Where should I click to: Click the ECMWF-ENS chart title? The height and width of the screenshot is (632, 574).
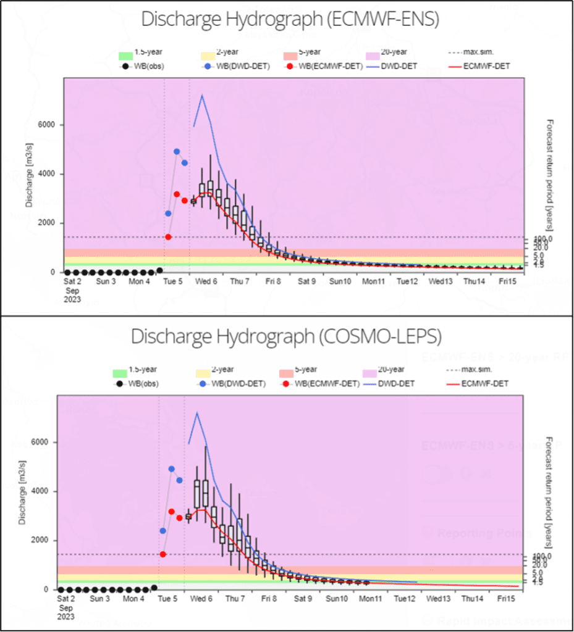[290, 19]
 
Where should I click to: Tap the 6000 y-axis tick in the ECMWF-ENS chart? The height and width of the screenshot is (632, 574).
[48, 125]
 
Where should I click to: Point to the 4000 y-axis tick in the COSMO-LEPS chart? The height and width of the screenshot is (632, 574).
[43, 491]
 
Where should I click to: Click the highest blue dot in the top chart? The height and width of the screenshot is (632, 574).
[177, 151]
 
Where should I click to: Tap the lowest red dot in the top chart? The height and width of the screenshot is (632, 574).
[168, 237]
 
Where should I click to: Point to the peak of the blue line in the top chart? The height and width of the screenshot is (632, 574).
[201, 95]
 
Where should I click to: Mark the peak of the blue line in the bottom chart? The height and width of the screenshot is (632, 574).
[197, 412]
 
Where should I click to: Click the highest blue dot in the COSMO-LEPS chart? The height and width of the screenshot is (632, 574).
[172, 469]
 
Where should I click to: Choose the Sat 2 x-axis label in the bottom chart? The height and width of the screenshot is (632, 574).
[66, 599]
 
